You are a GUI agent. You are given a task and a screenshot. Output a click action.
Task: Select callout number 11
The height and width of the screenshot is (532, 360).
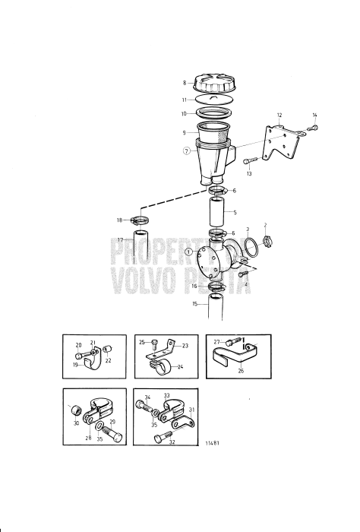pyautogui.click(x=184, y=100)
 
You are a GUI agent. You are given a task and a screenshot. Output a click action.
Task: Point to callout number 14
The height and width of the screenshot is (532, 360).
pyautogui.click(x=314, y=116)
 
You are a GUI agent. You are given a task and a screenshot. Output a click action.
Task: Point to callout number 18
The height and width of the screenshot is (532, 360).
pyautogui.click(x=118, y=220)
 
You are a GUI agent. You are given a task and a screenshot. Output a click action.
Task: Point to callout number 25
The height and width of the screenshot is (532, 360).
pyautogui.click(x=141, y=342)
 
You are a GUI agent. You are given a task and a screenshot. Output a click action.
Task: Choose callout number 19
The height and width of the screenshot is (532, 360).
pyautogui.click(x=75, y=364)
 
